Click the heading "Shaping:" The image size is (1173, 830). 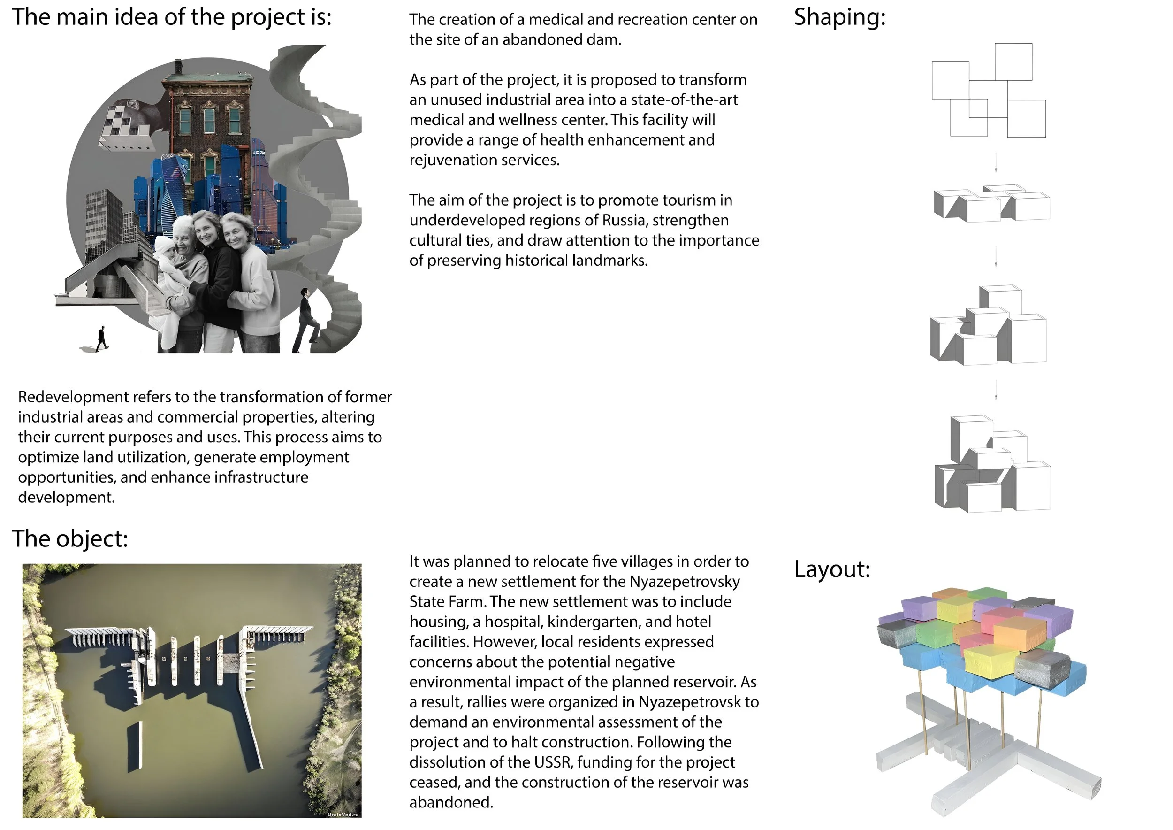pos(839,17)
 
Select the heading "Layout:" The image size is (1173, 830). pos(832,569)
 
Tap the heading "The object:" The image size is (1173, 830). pos(70,538)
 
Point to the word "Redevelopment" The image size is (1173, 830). pos(74,397)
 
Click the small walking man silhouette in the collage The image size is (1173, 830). pos(102,339)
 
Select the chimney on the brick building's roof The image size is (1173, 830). pos(178,67)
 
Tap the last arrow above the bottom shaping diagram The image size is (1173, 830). pos(996,390)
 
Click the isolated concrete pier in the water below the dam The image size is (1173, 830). pos(134,745)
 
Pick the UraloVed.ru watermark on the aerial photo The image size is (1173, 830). pos(343,815)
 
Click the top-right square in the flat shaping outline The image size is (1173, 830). pos(1013,62)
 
